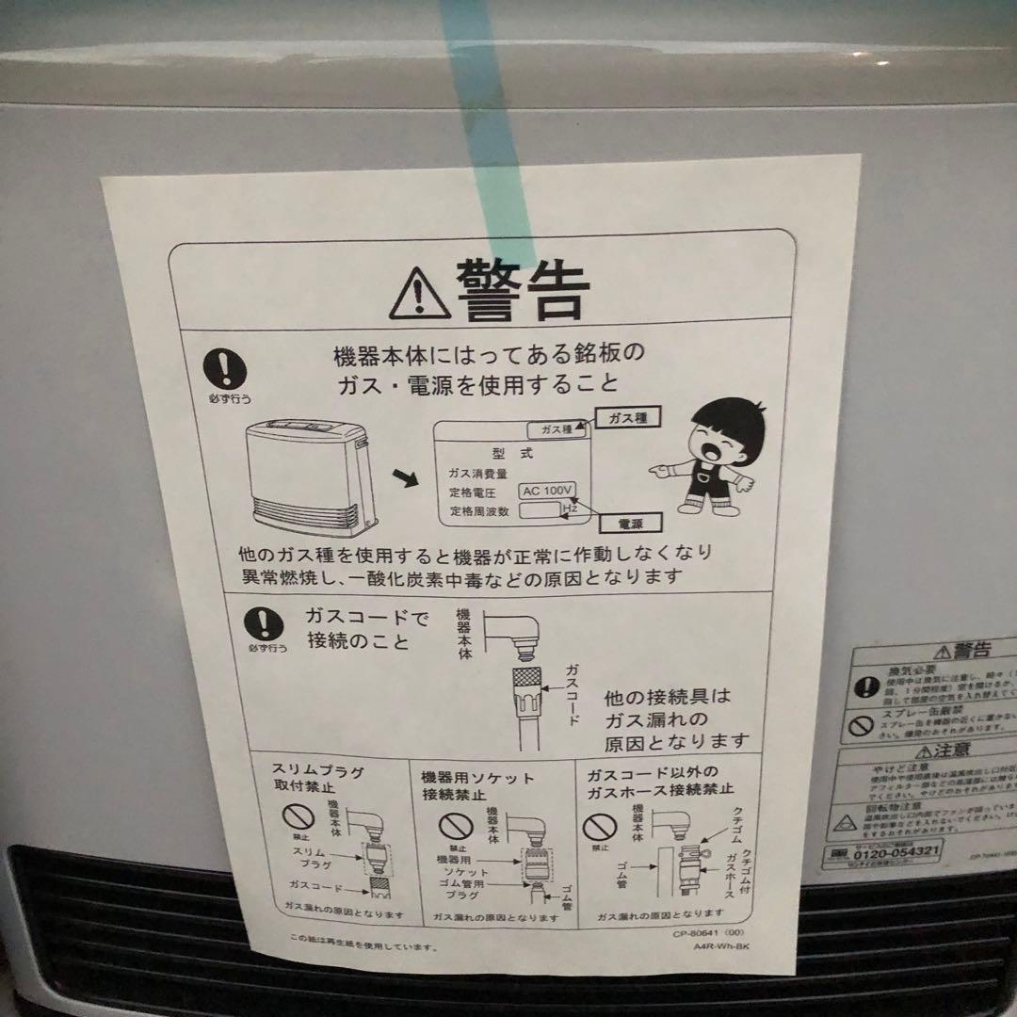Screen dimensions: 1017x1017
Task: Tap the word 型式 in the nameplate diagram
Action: pos(512,453)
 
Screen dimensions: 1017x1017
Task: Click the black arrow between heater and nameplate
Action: pos(406,479)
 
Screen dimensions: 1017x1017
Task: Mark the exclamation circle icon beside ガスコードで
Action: pos(264,624)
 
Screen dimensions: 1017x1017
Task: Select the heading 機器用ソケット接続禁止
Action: pos(477,786)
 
